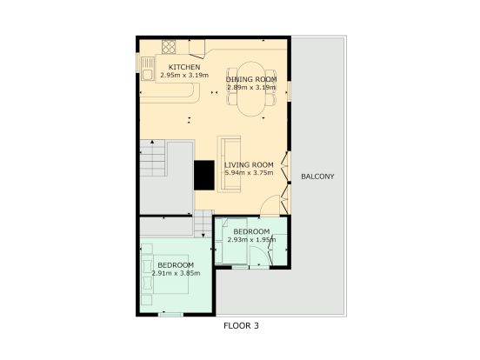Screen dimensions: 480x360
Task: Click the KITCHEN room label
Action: (x=184, y=67)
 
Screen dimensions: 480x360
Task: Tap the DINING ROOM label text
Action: (x=251, y=79)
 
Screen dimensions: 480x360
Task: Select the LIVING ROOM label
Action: (x=249, y=164)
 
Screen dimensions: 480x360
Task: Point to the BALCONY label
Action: (x=317, y=177)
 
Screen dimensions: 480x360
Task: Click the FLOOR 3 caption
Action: (x=241, y=326)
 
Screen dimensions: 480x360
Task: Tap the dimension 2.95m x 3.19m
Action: (x=184, y=75)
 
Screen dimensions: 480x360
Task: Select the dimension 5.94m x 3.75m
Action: (x=249, y=173)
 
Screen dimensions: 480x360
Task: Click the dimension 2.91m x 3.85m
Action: (x=176, y=273)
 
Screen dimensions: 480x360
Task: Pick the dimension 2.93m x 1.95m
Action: (x=251, y=239)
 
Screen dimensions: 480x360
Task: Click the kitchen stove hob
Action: (x=169, y=47)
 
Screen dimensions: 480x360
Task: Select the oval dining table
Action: (x=251, y=89)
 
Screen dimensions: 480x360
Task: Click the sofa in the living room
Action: (x=229, y=164)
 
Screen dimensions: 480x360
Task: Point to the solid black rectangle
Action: (x=204, y=175)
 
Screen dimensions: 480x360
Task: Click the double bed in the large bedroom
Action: (x=165, y=274)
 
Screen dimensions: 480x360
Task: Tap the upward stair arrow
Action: (x=152, y=142)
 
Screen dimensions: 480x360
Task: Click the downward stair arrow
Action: (x=203, y=235)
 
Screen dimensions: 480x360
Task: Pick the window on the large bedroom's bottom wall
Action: (x=170, y=314)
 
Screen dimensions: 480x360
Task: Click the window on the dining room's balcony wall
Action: (x=289, y=91)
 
